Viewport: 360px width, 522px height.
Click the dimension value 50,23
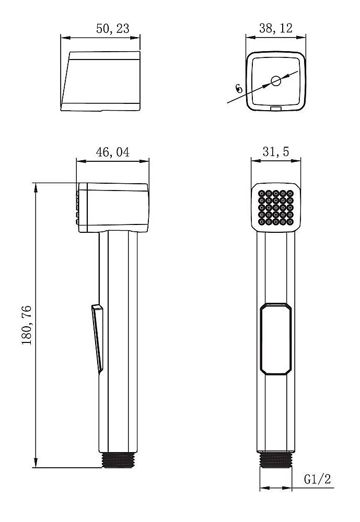[113, 29]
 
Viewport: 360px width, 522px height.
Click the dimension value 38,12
[276, 29]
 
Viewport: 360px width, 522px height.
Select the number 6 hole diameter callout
[239, 88]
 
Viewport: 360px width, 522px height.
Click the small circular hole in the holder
[275, 80]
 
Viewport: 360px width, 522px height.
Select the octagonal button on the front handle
[276, 338]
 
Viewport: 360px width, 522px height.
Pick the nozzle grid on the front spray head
[276, 208]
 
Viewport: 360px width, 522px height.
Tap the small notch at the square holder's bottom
[275, 109]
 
